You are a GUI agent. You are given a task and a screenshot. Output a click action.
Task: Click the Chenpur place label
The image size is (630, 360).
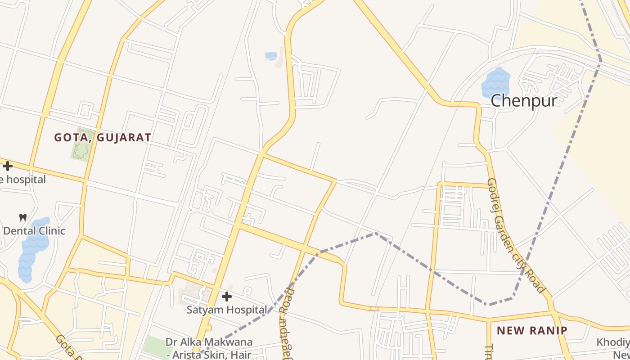tap(524, 100)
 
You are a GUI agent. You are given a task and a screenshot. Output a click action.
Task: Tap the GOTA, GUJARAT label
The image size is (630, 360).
tap(103, 138)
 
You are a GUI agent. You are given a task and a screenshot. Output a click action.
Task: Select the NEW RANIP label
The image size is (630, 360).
tap(532, 331)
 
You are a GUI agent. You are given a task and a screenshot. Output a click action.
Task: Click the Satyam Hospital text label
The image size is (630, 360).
tap(227, 310)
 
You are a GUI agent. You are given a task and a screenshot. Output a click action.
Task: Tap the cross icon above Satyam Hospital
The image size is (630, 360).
tap(227, 297)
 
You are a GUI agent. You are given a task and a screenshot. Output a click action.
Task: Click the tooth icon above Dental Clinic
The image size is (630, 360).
tap(22, 218)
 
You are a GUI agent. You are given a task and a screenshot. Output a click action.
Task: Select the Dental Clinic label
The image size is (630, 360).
tap(34, 231)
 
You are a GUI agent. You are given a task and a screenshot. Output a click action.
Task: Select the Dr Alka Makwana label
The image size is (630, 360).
tap(209, 342)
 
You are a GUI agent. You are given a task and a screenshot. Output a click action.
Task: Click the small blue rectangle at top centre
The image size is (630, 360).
tap(271, 55)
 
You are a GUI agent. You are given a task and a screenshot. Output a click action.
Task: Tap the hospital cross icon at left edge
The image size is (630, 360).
tap(8, 166)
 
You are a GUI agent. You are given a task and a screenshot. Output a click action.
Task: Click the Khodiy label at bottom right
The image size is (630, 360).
tap(613, 342)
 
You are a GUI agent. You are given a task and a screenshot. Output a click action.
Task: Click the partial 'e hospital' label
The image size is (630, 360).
tap(22, 180)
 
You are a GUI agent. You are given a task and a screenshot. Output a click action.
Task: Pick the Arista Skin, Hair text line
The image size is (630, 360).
tap(209, 355)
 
